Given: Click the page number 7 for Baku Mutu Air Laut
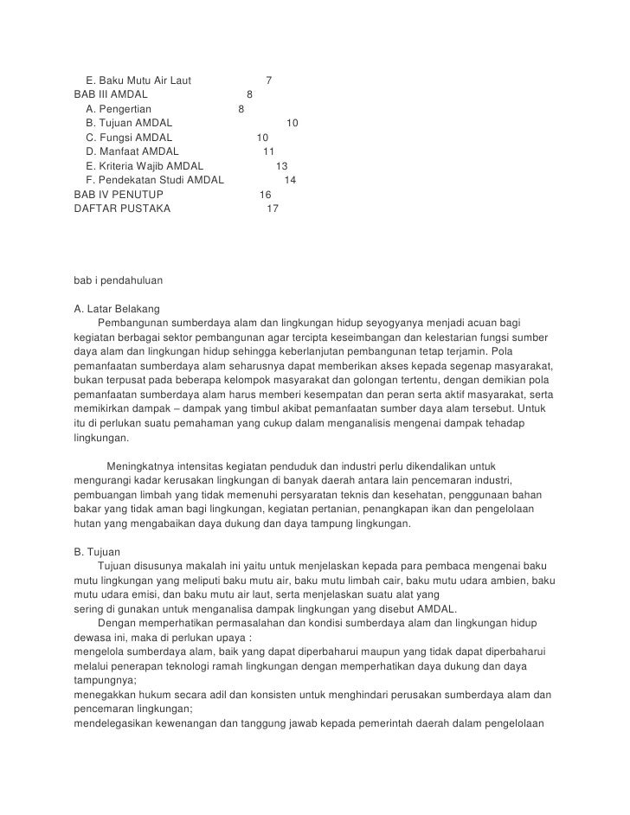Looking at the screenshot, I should [269, 81].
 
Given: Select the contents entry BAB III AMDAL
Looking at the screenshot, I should [111, 95].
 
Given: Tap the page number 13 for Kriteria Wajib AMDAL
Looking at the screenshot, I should [281, 166].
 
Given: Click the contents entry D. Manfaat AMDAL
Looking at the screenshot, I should [132, 151].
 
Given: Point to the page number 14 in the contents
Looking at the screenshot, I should [290, 180].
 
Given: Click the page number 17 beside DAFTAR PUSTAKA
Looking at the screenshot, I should [273, 209].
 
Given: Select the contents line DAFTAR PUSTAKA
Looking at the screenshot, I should [122, 209].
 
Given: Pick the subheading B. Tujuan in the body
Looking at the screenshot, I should [99, 550].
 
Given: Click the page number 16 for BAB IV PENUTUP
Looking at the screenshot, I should [266, 195].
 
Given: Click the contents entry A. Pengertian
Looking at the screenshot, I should [119, 109].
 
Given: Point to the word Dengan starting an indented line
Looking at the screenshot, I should [115, 622].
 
